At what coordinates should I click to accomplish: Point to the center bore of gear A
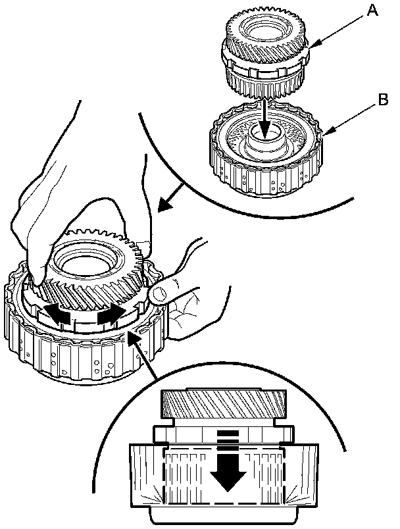[262, 30]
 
